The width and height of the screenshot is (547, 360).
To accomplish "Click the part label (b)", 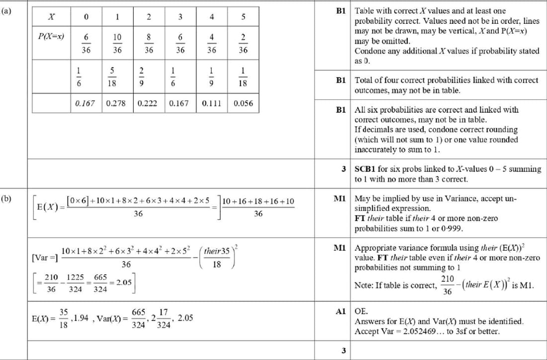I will click(x=6, y=199).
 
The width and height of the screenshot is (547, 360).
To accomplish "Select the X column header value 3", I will click(x=180, y=17).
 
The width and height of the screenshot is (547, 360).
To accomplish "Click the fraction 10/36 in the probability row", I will click(x=117, y=43).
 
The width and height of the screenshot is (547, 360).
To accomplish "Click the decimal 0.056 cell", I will click(x=243, y=104).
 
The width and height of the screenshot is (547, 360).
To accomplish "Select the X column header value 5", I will click(x=243, y=17).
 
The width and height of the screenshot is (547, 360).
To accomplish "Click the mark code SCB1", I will click(x=366, y=169).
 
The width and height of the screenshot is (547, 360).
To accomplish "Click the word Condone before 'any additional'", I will click(x=368, y=51).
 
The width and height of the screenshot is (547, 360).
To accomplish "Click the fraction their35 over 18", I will click(x=217, y=258).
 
